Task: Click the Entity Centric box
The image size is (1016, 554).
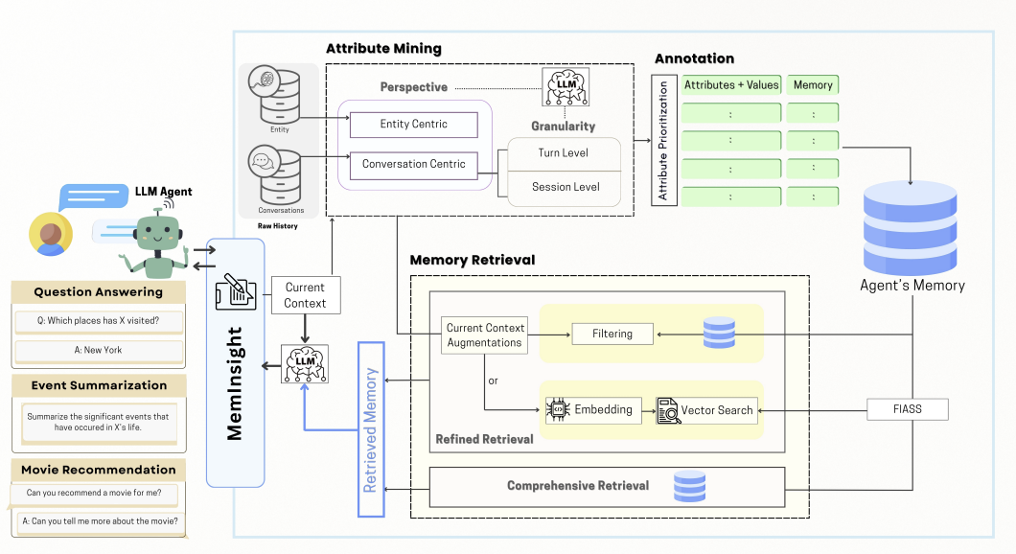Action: pos(413,125)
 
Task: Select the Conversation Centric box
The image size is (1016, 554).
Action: pos(413,165)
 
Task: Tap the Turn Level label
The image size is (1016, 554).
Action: pos(563,153)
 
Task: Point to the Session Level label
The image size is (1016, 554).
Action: pos(566,187)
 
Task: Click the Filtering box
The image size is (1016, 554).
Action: pos(612,334)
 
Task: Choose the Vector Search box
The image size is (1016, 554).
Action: pos(706,410)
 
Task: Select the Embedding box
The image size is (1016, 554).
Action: pos(593,410)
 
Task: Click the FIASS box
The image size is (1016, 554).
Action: pos(907,409)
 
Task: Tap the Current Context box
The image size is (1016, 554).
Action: pos(305,295)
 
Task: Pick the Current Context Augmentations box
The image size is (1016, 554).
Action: pos(485,335)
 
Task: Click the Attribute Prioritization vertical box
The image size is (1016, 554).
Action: pos(663,141)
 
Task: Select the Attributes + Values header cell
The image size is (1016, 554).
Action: pos(731,85)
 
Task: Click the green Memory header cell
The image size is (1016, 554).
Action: pos(813,85)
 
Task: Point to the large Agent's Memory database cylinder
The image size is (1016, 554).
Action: pos(911,228)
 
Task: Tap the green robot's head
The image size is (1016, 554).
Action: pos(157,231)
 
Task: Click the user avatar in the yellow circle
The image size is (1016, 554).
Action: pos(51,234)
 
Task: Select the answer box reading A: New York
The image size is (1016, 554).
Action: pos(99,351)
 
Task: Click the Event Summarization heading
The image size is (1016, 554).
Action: pos(99,385)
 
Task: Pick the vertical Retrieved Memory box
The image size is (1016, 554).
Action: pos(371,429)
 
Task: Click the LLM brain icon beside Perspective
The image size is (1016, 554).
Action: pos(566,86)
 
